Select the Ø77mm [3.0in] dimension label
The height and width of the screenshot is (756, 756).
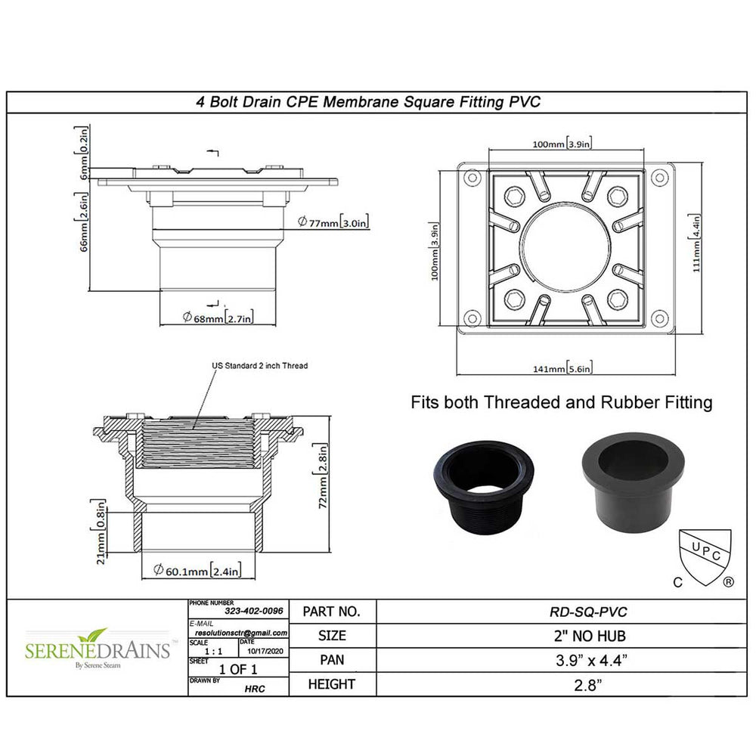[333, 222]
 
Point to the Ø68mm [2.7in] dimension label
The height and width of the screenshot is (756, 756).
[218, 318]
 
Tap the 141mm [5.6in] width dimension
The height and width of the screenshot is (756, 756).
[562, 368]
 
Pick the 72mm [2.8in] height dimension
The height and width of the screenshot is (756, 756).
[323, 476]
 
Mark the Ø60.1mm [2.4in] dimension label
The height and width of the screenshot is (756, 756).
[197, 570]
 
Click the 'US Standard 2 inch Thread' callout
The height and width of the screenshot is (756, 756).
[260, 365]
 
